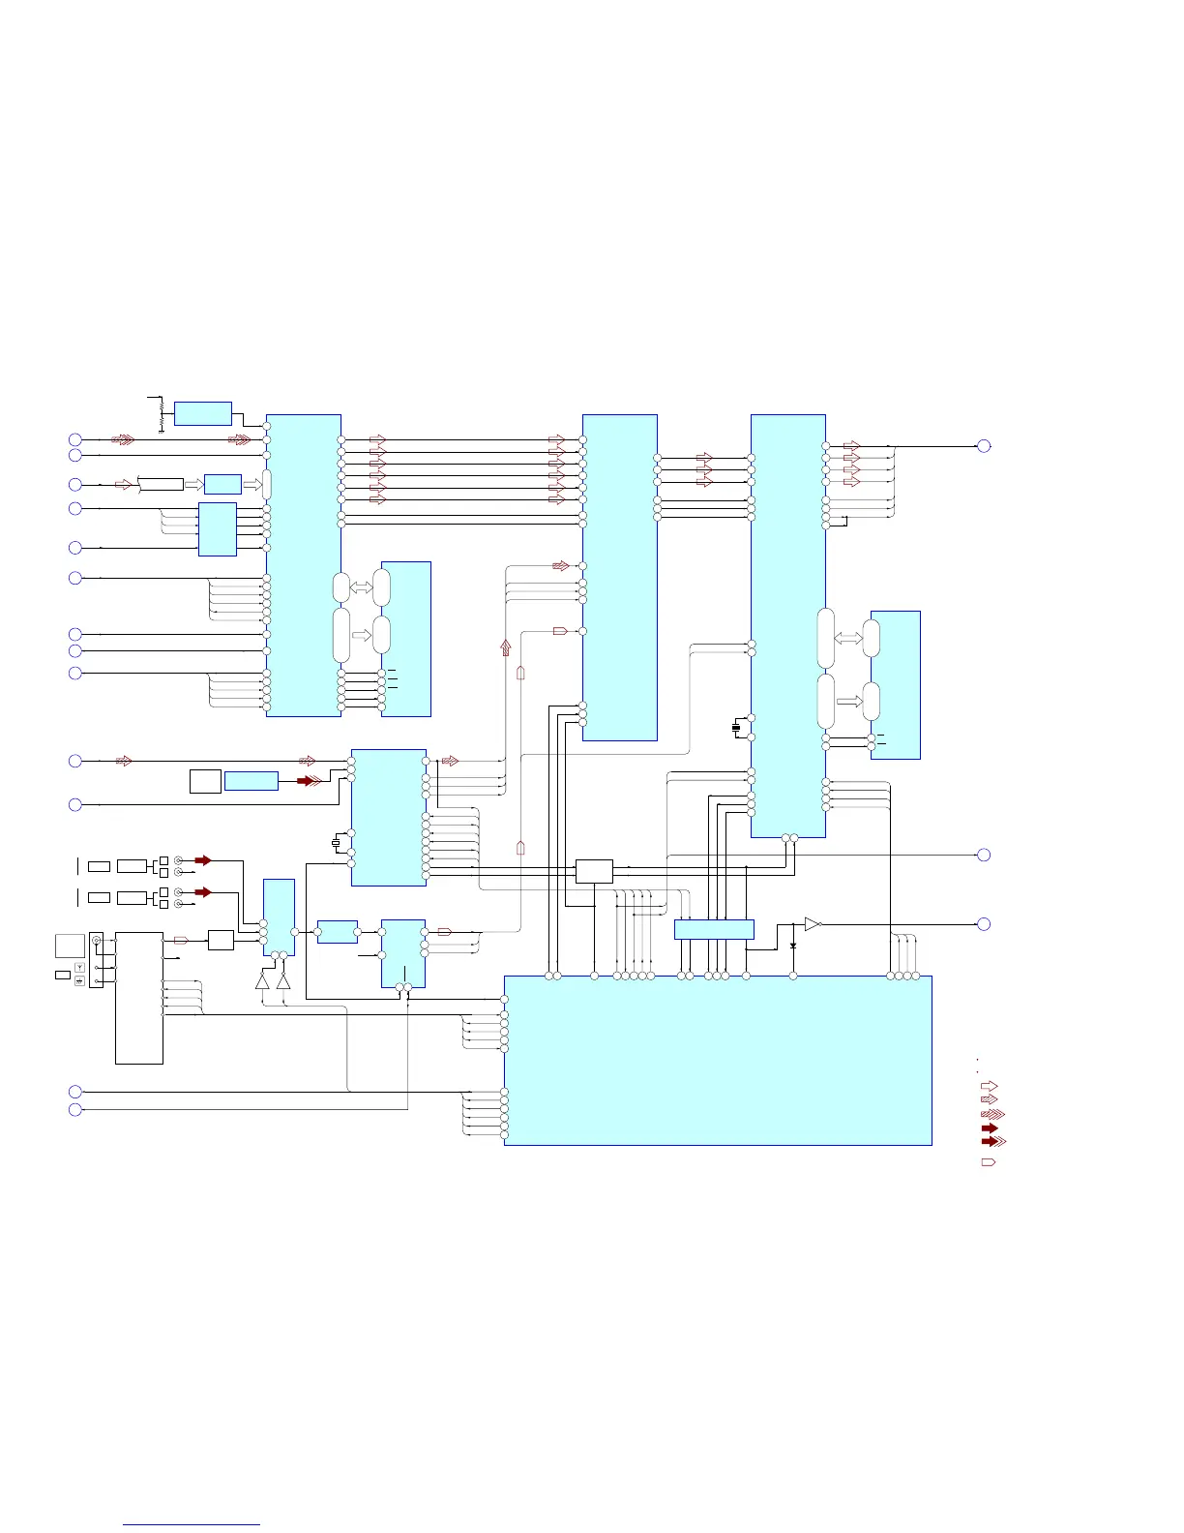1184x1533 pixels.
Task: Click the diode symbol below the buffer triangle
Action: click(793, 944)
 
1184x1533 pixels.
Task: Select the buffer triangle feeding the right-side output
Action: click(813, 924)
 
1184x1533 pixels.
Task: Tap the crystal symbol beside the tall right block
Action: click(736, 727)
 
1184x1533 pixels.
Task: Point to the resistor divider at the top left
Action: click(161, 413)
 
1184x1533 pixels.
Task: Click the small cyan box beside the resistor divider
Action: click(202, 413)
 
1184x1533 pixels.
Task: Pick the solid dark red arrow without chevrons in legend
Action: click(990, 1128)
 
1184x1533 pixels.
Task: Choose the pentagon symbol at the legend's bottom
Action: click(989, 1161)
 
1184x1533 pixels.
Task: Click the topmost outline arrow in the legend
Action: click(990, 1087)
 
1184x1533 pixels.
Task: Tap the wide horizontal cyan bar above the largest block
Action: click(714, 929)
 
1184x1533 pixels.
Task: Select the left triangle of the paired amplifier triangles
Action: click(262, 980)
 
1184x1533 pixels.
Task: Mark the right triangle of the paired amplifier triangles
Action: click(283, 980)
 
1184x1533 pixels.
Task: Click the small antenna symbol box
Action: click(79, 968)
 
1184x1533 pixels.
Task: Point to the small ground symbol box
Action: click(79, 981)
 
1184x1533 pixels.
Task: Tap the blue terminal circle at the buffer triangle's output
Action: click(984, 924)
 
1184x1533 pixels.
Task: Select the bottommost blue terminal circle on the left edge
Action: click(74, 1109)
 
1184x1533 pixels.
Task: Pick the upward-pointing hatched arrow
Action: click(505, 647)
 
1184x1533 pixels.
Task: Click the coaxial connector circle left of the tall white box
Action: click(96, 941)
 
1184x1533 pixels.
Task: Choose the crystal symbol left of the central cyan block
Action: click(337, 842)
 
